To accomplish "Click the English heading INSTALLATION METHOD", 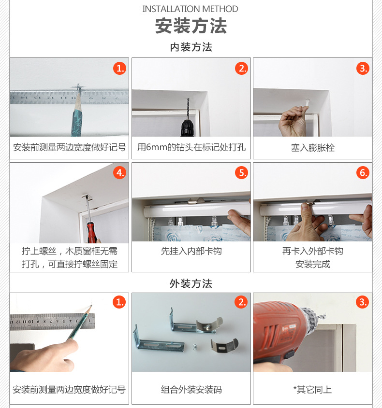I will point(191,9).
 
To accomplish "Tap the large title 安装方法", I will point(191,26).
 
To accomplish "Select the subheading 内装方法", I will point(191,47).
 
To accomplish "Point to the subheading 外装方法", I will point(191,283).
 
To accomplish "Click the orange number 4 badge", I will point(120,172).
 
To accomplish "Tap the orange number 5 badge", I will point(241,172).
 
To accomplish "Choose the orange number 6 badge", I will point(363,172).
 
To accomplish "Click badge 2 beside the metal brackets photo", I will point(241,302).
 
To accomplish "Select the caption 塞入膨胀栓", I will point(312,148).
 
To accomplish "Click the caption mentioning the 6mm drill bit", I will point(191,147).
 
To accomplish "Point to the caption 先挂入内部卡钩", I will point(191,251).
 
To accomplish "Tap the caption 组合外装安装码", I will point(191,390).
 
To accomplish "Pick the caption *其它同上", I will point(312,390).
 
